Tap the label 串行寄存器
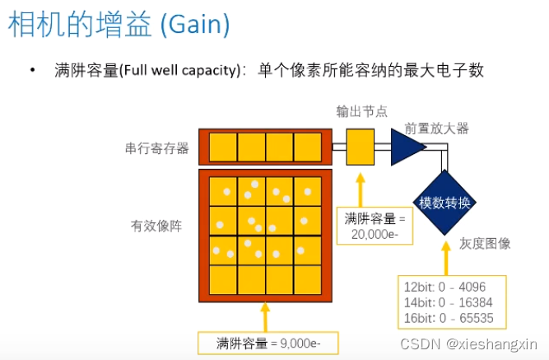[x=157, y=148]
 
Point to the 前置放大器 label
[x=436, y=129]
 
